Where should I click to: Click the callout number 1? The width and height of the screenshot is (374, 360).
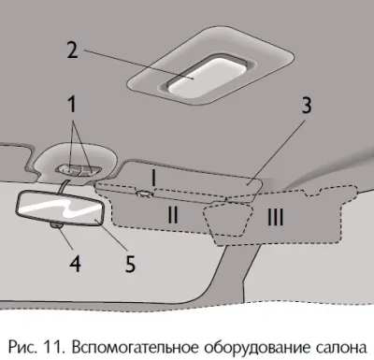(x=72, y=105)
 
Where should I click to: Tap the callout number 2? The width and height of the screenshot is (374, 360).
(x=72, y=50)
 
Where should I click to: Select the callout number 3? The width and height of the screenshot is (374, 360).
(x=307, y=105)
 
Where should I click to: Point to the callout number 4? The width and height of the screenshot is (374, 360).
(x=75, y=263)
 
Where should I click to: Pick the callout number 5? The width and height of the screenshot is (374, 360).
(x=130, y=264)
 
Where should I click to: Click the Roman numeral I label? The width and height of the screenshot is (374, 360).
(x=153, y=179)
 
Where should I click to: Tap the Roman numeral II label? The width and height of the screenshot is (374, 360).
(x=173, y=215)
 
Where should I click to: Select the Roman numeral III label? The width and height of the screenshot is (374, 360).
(x=276, y=217)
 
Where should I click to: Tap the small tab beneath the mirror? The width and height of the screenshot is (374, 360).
(x=56, y=225)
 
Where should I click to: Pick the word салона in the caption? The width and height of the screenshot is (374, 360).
(x=343, y=348)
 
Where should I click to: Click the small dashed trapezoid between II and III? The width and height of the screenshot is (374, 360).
(x=228, y=220)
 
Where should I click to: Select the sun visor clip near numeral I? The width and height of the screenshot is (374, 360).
(x=144, y=194)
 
